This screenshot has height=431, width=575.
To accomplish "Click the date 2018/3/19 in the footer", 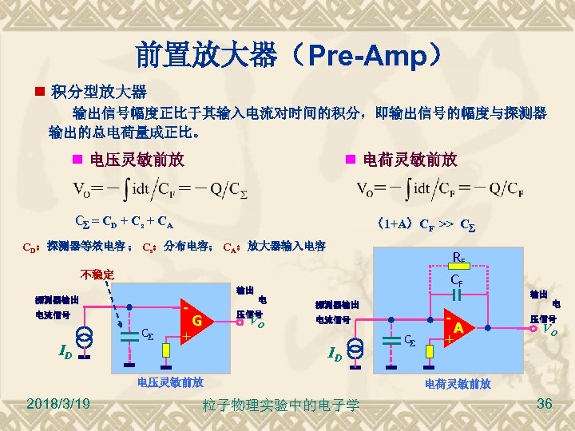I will point(57,405).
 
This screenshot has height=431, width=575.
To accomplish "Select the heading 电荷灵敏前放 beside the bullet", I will point(410,160).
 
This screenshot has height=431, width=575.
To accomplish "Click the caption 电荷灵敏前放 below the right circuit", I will point(458,385).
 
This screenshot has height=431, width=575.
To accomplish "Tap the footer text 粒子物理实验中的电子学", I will point(281,405).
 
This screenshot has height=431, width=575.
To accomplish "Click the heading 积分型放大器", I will point(97,92).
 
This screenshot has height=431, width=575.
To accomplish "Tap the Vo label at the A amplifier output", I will point(549,327).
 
